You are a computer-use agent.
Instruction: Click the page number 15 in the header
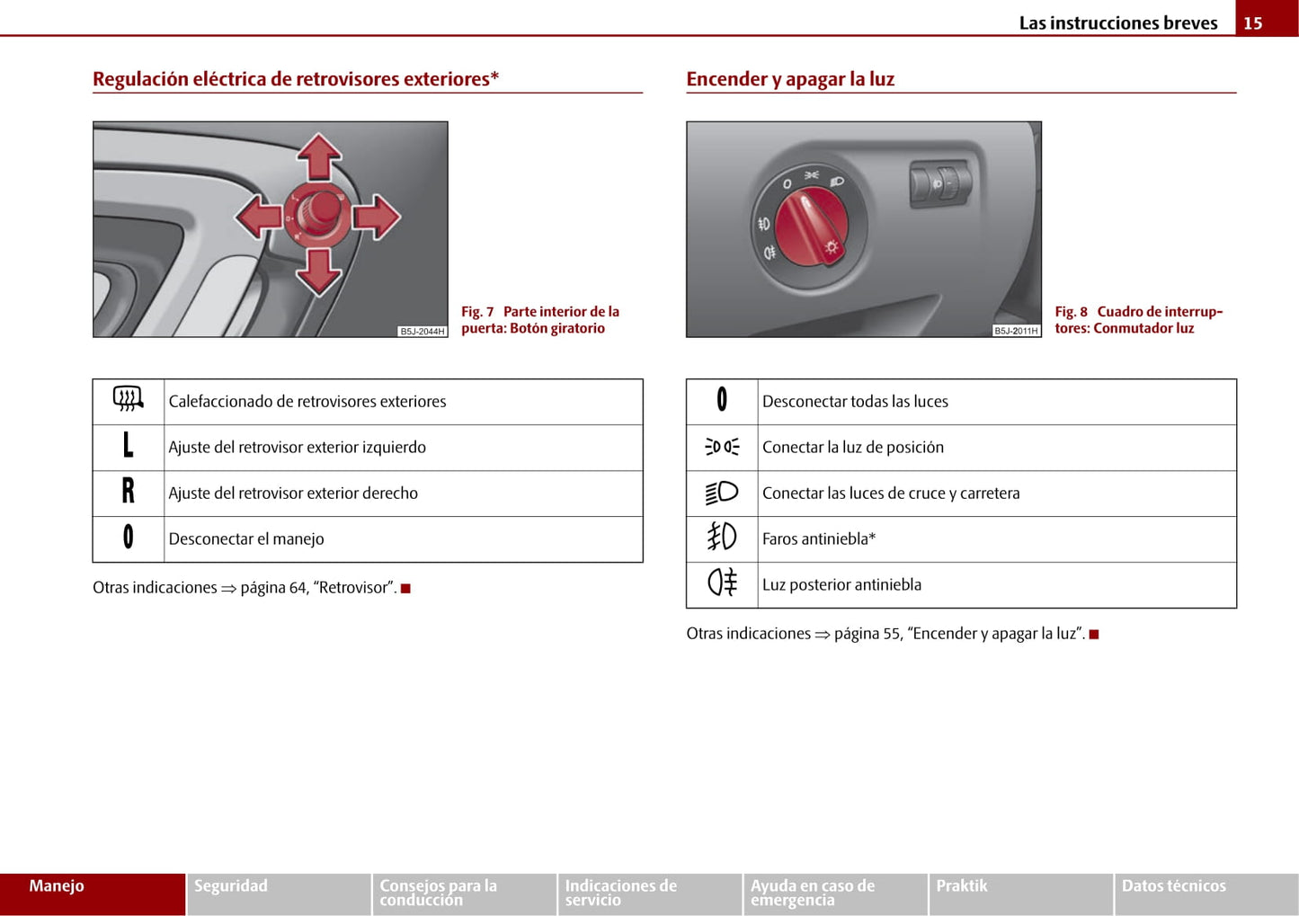[x=1253, y=23]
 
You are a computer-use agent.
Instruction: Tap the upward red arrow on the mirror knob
[x=318, y=156]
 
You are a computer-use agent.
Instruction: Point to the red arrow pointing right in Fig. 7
[x=377, y=217]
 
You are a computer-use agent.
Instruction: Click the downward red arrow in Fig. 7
[x=318, y=271]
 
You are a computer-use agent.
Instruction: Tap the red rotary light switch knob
[x=812, y=229]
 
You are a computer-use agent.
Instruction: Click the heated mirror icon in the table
[x=129, y=399]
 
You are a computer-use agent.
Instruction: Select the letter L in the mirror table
[x=128, y=446]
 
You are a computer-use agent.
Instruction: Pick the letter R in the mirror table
[x=128, y=492]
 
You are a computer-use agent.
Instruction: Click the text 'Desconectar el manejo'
[x=246, y=539]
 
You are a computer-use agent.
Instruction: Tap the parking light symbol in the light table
[x=722, y=447]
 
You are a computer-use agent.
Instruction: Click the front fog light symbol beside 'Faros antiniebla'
[x=722, y=538]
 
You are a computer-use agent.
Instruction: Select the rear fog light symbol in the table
[x=722, y=583]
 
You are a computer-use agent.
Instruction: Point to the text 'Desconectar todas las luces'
[x=855, y=402]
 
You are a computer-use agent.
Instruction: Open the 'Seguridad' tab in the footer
[x=231, y=886]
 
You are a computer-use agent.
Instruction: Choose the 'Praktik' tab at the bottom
[x=962, y=886]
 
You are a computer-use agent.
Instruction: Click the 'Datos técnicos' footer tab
[x=1173, y=886]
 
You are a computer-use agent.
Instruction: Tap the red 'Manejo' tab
[x=57, y=886]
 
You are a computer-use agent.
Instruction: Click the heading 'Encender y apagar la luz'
[x=790, y=79]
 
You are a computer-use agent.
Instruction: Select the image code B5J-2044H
[x=422, y=332]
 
